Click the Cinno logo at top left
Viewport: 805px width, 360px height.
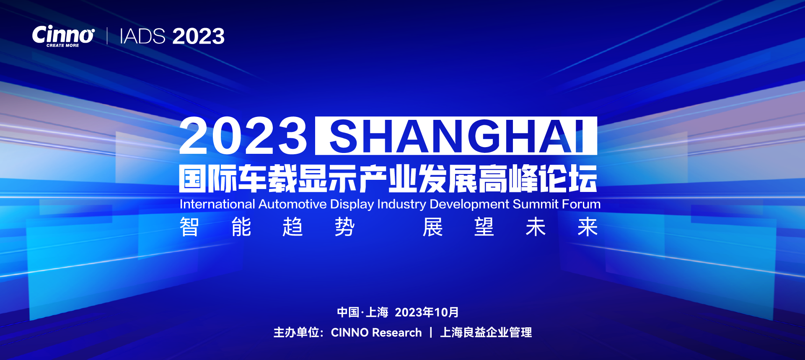pyautogui.click(x=63, y=36)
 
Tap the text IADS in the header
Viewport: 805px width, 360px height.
pyautogui.click(x=142, y=36)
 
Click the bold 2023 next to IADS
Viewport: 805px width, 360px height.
pyautogui.click(x=198, y=36)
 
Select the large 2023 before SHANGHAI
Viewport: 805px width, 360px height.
pyautogui.click(x=243, y=136)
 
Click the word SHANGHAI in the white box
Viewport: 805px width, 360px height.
pyautogui.click(x=456, y=136)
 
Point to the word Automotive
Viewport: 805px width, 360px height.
pyautogui.click(x=292, y=204)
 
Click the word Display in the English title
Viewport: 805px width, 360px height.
pyautogui.click(x=352, y=205)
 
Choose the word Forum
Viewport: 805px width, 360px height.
pyautogui.click(x=581, y=204)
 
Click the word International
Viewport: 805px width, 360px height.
pyautogui.click(x=217, y=204)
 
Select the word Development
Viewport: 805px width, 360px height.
pyautogui.click(x=469, y=205)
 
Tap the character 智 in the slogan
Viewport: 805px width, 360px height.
pyautogui.click(x=189, y=227)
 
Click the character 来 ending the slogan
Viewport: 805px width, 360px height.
pyautogui.click(x=588, y=227)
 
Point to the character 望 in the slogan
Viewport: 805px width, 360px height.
pyautogui.click(x=484, y=227)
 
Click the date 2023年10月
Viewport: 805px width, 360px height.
pyautogui.click(x=427, y=312)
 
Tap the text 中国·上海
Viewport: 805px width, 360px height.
pyautogui.click(x=363, y=312)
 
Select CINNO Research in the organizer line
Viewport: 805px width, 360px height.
pyautogui.click(x=376, y=332)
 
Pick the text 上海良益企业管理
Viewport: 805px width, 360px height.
pyautogui.click(x=486, y=332)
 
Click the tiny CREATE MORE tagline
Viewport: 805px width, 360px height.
pyautogui.click(x=63, y=45)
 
